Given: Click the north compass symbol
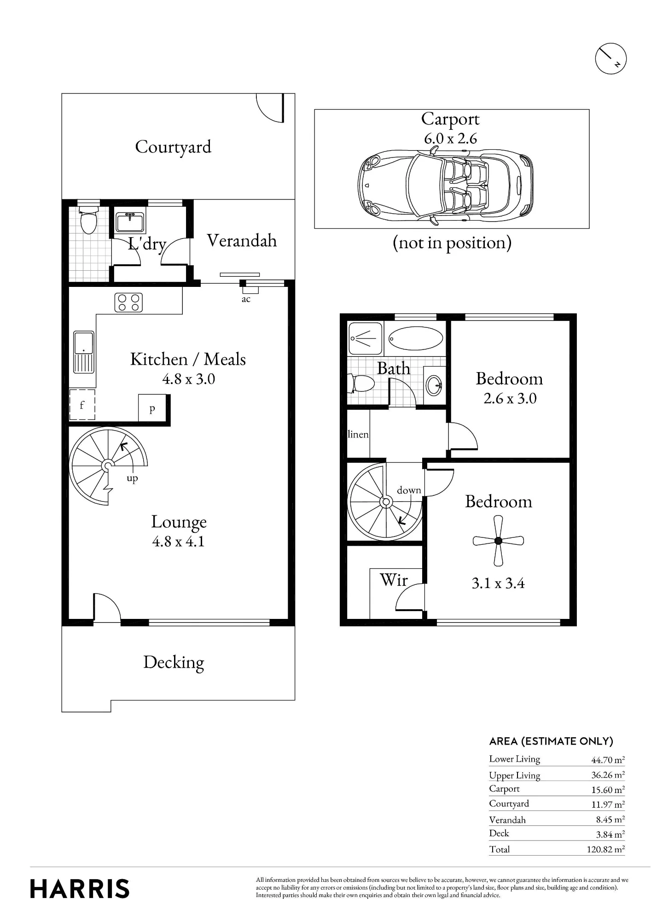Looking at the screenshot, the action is [x=611, y=59].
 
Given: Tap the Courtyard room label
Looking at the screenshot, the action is [x=173, y=147].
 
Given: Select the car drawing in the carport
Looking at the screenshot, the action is [x=445, y=187].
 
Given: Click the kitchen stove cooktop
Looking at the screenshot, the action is [x=128, y=303].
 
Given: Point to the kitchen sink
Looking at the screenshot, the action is [x=84, y=352].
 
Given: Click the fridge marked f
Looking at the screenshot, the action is [x=82, y=405].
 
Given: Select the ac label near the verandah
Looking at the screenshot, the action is [x=246, y=299].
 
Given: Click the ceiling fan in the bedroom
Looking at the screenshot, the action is [x=498, y=541].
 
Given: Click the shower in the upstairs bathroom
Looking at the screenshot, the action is [x=366, y=339].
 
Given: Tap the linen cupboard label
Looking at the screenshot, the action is [x=358, y=434].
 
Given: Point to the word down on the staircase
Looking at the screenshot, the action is [x=409, y=490].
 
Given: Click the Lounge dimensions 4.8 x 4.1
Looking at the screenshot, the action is [x=178, y=542].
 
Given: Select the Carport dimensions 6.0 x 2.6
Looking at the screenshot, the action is [x=450, y=139].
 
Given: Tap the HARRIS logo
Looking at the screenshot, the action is [x=80, y=889].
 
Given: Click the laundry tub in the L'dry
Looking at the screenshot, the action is [x=130, y=222].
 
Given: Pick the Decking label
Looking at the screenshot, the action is [x=174, y=663].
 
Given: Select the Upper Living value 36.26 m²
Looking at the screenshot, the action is [x=608, y=775].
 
